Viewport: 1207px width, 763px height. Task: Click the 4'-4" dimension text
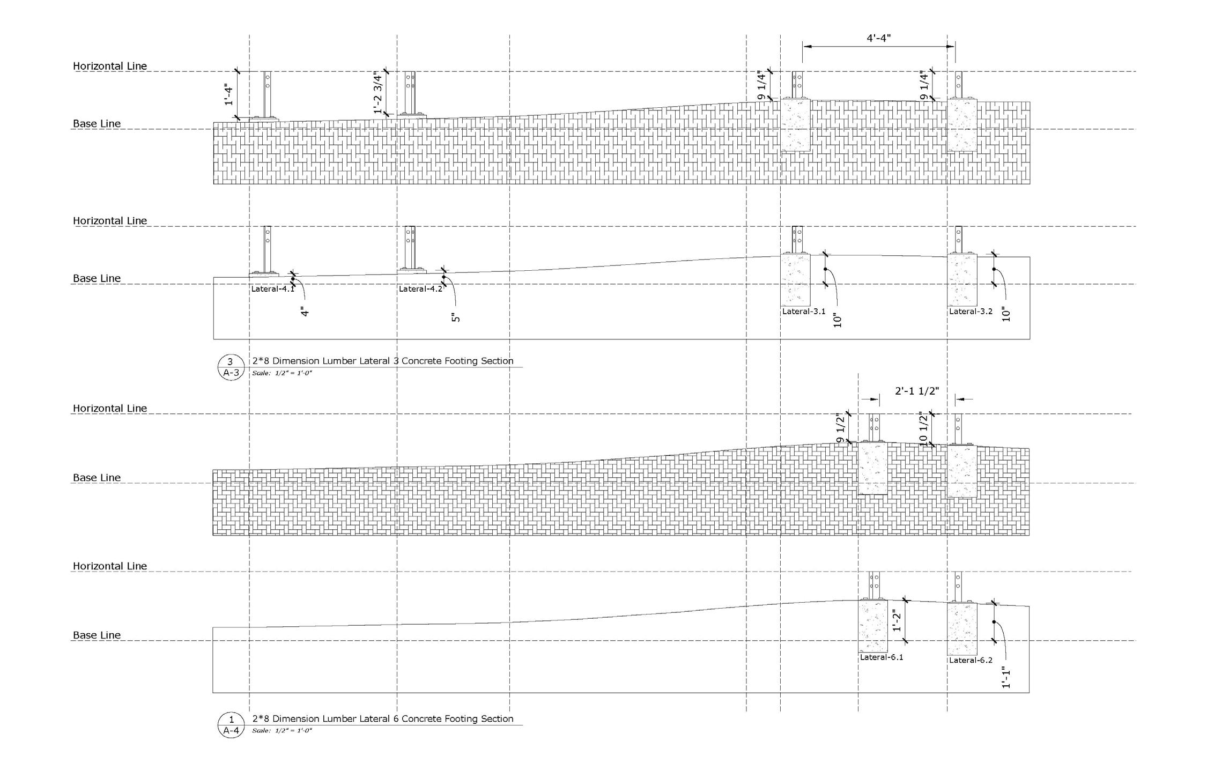[878, 38]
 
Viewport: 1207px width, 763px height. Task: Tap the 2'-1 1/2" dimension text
[917, 391]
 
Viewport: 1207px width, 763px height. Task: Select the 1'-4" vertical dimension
[229, 94]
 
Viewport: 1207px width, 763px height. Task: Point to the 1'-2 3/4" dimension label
[379, 92]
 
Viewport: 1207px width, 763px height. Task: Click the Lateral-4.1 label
[272, 289]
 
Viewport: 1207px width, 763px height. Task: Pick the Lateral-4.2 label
[420, 289]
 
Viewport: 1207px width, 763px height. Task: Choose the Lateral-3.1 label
[803, 312]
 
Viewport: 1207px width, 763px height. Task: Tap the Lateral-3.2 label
[971, 312]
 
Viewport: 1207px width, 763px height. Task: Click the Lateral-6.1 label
[881, 657]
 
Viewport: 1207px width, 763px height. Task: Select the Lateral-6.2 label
[971, 661]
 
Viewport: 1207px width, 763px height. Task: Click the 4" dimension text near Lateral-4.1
[305, 312]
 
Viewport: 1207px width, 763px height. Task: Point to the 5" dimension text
[456, 317]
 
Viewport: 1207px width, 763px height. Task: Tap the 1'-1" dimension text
[1006, 677]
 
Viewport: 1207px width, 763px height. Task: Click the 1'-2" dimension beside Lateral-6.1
[896, 620]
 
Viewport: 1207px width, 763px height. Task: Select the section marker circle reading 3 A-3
[231, 367]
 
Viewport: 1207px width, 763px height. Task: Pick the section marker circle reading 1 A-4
[231, 725]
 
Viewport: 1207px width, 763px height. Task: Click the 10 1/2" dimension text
[923, 429]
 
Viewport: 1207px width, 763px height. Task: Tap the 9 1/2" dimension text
[840, 429]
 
